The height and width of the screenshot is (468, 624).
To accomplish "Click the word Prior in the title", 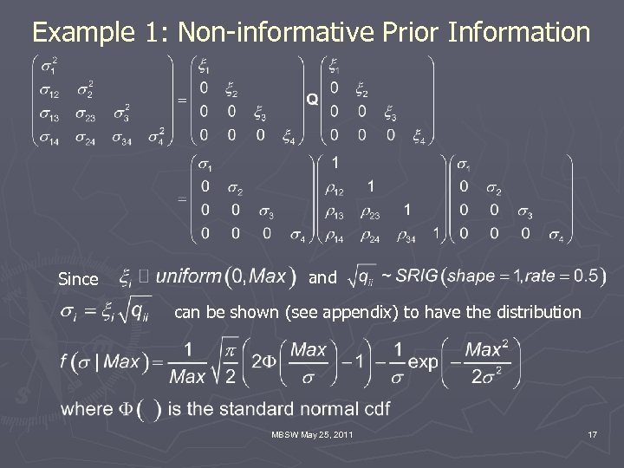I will click(x=406, y=34).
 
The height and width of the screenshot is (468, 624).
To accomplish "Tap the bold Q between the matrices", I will click(x=312, y=100).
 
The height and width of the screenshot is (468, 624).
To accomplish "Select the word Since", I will click(x=78, y=279).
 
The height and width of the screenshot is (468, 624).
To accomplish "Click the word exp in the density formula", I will click(x=423, y=362).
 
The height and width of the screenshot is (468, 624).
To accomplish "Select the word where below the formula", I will click(x=86, y=409).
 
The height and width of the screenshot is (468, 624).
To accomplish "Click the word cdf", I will click(x=374, y=409).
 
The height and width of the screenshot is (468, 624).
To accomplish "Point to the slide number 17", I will click(x=592, y=433).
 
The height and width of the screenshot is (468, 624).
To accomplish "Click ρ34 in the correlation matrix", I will click(x=406, y=235).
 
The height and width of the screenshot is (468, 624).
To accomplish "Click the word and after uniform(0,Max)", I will click(x=322, y=279).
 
